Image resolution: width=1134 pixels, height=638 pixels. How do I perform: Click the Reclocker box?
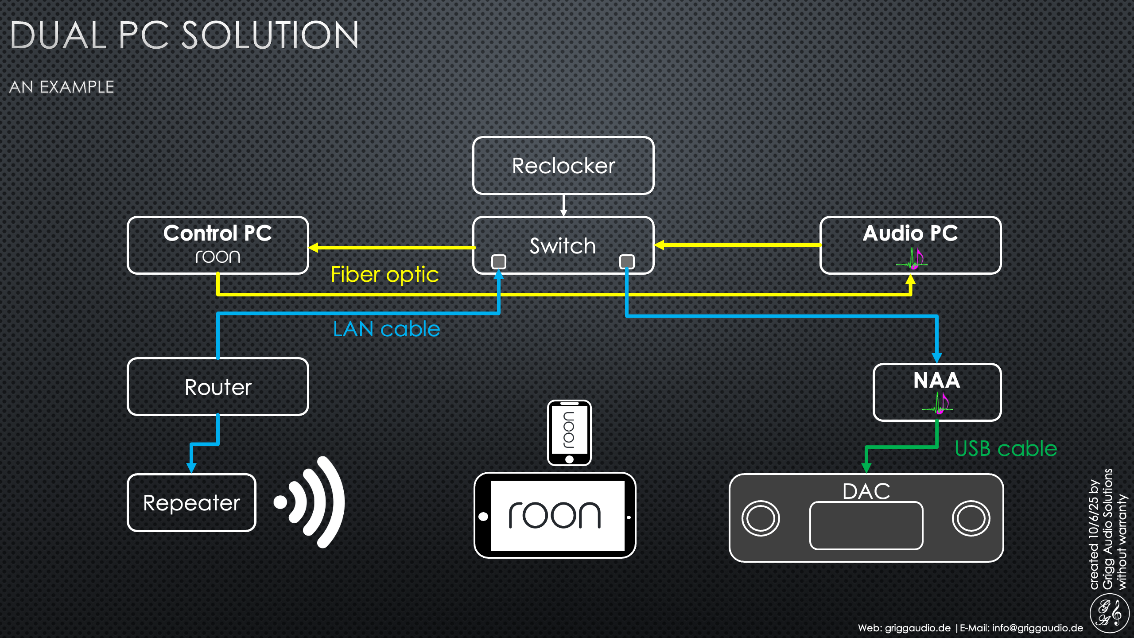point(563,166)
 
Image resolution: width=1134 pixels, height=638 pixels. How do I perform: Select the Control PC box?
point(217,245)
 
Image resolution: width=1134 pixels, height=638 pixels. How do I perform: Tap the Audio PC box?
point(910,245)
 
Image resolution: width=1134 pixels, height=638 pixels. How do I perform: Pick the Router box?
point(217,387)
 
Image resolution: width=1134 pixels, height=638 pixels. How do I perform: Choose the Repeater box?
point(191,502)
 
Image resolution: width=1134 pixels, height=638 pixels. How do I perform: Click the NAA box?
point(937,392)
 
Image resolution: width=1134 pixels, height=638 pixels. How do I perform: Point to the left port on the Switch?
point(499,261)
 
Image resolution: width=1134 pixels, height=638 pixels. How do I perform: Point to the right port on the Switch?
point(627,261)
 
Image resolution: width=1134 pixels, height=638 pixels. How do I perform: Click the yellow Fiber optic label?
point(384,275)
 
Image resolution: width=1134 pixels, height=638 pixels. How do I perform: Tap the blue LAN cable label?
point(386,329)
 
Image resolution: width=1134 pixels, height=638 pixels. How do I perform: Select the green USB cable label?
point(1006,449)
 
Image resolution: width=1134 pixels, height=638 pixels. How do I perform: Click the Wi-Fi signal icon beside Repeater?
point(310,502)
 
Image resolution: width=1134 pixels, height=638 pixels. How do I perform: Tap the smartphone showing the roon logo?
point(569,432)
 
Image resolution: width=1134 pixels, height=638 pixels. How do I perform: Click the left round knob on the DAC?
point(761,518)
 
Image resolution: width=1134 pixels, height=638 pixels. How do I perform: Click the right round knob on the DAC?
point(971,518)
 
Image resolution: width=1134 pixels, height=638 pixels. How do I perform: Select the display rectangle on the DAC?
point(866,526)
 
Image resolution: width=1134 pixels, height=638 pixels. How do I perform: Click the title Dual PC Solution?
point(184,35)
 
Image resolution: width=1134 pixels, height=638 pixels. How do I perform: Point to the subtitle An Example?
point(62,87)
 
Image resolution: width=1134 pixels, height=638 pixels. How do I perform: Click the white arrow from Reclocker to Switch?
point(563,205)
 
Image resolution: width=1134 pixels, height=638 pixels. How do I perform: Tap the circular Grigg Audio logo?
point(1109,614)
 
